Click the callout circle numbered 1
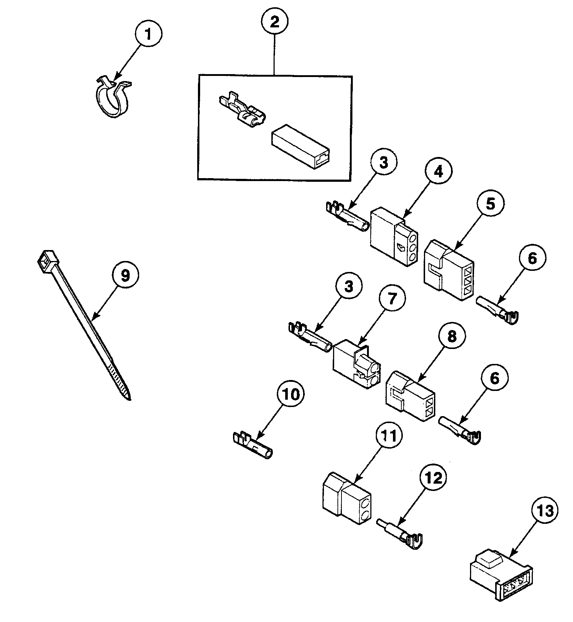(x=148, y=35)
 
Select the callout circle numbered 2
(x=274, y=22)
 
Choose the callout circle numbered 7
(x=391, y=299)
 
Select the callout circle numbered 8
(x=452, y=336)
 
